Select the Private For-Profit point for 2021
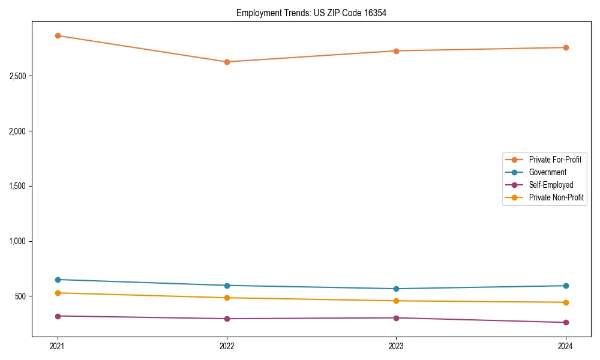click(58, 35)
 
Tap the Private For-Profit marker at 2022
click(227, 62)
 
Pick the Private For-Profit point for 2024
click(565, 47)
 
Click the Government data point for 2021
click(58, 280)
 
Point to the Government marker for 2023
click(396, 289)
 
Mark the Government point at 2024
click(565, 286)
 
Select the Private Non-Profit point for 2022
click(227, 298)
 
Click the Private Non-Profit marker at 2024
click(565, 302)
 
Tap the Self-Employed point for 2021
click(58, 316)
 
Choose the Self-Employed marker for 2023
click(396, 318)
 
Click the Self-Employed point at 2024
click(565, 322)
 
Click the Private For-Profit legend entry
click(554, 160)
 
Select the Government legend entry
click(547, 172)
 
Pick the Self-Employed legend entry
click(551, 185)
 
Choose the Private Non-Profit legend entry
click(556, 197)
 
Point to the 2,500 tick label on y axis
click(19, 76)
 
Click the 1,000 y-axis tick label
click(19, 241)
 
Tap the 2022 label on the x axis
click(227, 346)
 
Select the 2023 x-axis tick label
click(396, 346)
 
